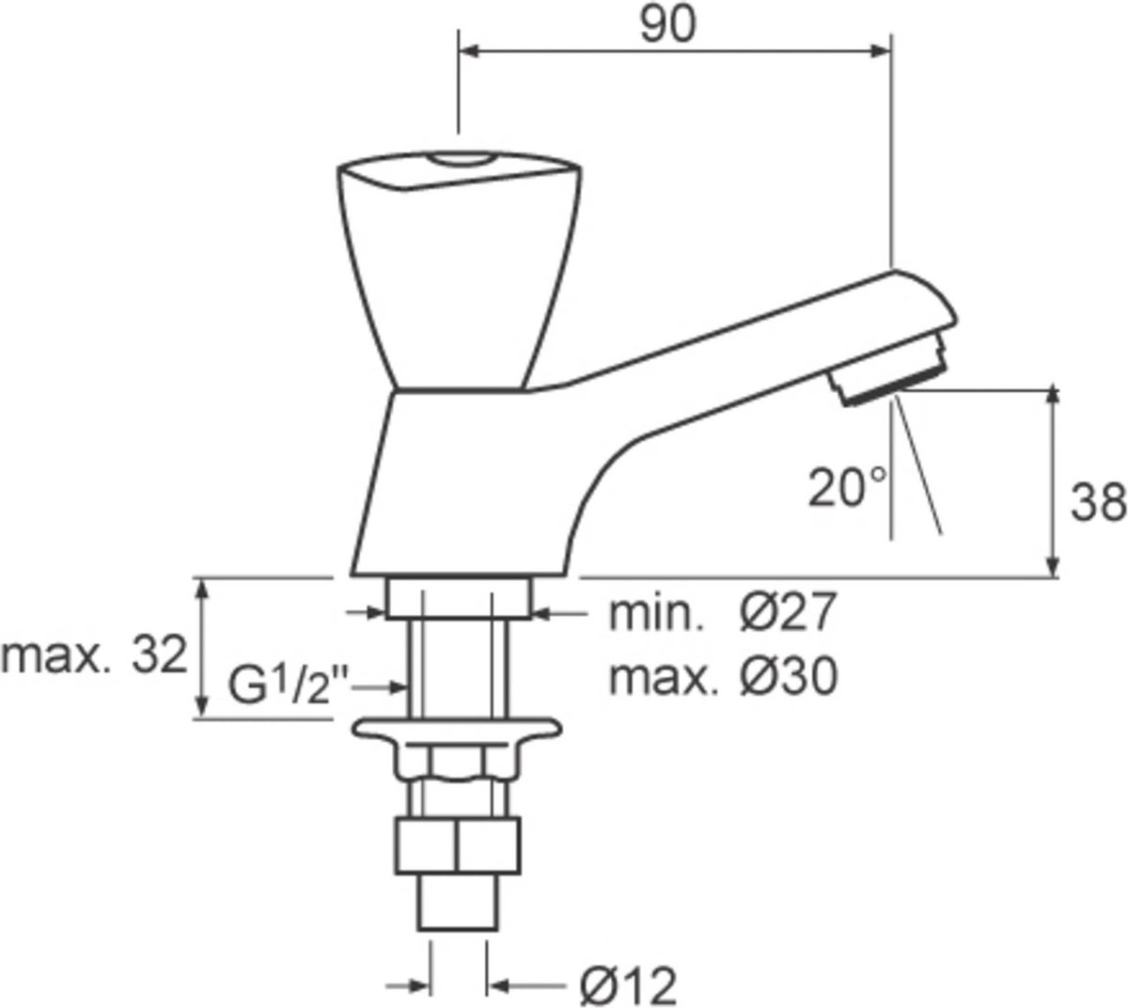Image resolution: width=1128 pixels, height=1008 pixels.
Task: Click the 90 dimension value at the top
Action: [668, 25]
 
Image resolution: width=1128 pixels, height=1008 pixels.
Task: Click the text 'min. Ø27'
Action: [723, 612]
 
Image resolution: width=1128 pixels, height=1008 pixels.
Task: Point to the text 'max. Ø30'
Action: [723, 675]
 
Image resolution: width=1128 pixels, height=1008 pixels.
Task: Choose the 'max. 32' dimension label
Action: [94, 655]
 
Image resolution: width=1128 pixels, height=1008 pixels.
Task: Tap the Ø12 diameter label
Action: [628, 985]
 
